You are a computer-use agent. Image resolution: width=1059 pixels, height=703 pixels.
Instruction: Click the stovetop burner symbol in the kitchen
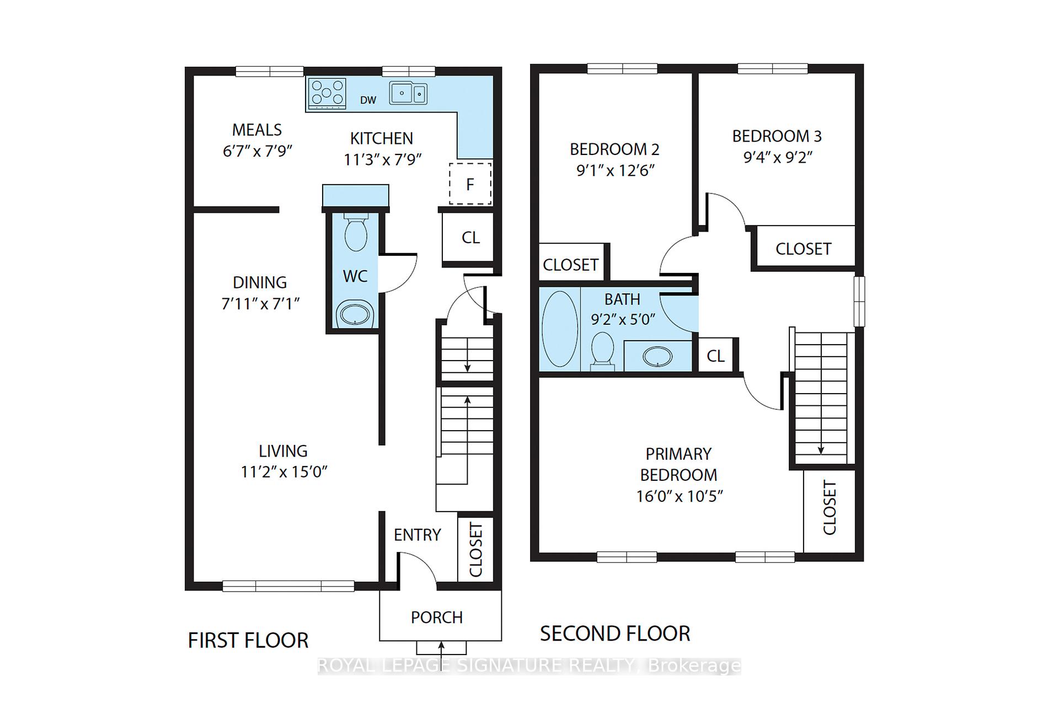(328, 93)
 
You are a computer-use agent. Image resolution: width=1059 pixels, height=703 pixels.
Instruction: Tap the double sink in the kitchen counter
(408, 93)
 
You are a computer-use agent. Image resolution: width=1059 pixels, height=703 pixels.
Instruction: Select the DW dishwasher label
(368, 100)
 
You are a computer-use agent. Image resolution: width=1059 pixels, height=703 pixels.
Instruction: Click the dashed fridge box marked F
(470, 184)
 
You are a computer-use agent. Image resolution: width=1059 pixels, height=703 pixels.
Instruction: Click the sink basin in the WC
(356, 315)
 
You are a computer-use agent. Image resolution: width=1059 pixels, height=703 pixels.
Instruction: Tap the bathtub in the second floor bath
(560, 329)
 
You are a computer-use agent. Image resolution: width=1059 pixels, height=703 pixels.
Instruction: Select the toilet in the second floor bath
(603, 351)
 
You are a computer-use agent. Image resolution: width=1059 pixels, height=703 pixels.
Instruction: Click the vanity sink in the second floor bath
(657, 357)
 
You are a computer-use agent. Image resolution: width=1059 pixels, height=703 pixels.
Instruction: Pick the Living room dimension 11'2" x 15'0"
(284, 472)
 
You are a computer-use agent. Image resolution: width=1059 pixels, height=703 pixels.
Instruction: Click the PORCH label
(436, 618)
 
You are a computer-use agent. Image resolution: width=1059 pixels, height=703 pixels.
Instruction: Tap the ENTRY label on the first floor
(417, 535)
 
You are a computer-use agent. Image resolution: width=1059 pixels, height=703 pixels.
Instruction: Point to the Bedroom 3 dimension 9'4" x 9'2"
(778, 158)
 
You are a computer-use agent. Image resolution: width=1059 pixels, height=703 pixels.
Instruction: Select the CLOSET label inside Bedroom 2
(570, 265)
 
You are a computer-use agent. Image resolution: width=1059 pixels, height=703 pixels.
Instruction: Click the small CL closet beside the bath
(715, 356)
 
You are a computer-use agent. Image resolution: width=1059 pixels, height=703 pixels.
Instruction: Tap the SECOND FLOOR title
(615, 634)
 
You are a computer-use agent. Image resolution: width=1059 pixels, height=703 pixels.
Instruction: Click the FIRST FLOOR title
(248, 641)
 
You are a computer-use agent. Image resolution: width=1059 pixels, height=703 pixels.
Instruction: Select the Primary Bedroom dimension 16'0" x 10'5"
(679, 496)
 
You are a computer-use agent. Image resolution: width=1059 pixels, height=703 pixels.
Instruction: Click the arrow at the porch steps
(441, 646)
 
